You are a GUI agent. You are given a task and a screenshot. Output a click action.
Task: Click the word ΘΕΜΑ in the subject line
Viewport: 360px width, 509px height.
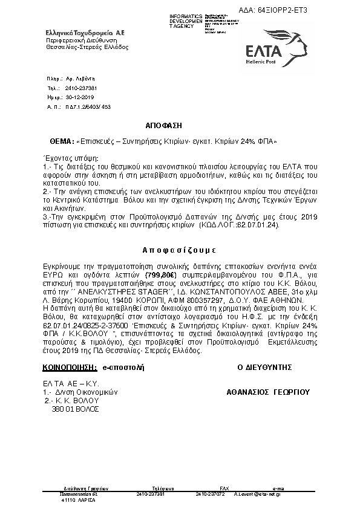(62, 141)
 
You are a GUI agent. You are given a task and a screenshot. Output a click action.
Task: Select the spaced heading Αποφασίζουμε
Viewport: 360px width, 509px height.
(179, 249)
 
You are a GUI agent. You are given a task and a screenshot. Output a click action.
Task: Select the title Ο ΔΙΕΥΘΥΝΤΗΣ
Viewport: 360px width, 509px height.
(264, 367)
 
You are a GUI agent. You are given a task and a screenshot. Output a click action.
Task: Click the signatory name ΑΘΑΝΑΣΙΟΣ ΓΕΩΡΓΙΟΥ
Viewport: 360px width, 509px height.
(267, 392)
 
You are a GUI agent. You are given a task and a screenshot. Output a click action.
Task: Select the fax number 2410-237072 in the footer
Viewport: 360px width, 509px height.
(209, 494)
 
